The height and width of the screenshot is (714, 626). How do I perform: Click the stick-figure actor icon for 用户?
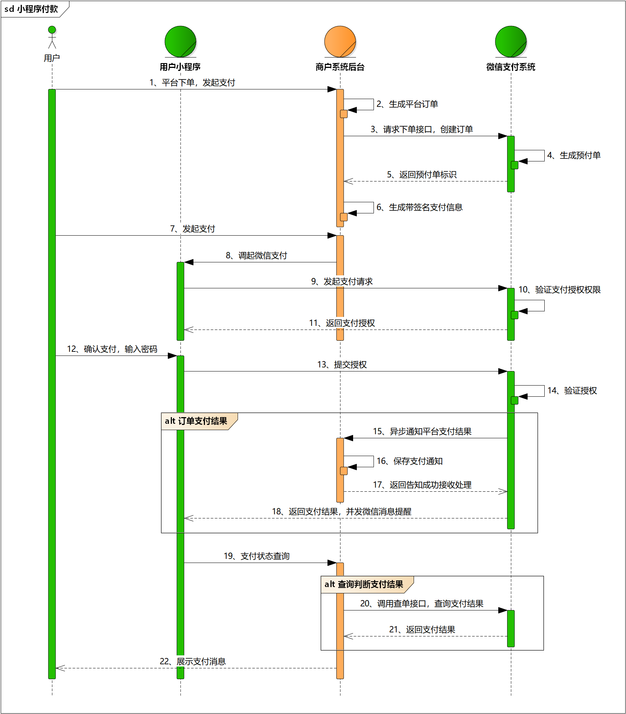point(52,37)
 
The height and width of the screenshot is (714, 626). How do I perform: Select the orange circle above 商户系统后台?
point(340,42)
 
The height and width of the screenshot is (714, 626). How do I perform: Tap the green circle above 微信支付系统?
point(511,42)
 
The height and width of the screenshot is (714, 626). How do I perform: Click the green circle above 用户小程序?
point(180,42)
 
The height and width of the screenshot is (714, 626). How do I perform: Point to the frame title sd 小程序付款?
point(31,9)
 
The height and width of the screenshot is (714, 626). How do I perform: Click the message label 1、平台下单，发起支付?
point(192,82)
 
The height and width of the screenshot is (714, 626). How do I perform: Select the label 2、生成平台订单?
point(407,104)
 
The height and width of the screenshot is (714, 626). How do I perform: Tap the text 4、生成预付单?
point(574,155)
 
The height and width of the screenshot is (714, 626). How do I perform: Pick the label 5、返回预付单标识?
point(422,175)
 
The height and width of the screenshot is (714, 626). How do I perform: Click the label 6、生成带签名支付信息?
point(420,207)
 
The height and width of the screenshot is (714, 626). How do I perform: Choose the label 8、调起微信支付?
point(256,256)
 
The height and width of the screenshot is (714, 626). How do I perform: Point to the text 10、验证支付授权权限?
point(560,290)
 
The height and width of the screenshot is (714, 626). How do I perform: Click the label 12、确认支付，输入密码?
point(112,349)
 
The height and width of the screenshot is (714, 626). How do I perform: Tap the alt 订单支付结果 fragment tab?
point(196,421)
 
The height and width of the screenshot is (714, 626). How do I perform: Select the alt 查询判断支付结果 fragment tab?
point(364,584)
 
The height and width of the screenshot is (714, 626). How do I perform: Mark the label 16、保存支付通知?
point(410,461)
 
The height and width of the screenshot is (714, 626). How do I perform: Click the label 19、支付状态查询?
point(257,556)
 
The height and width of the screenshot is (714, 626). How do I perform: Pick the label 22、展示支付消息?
point(193,662)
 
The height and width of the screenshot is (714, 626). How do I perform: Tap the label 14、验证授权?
point(572,391)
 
